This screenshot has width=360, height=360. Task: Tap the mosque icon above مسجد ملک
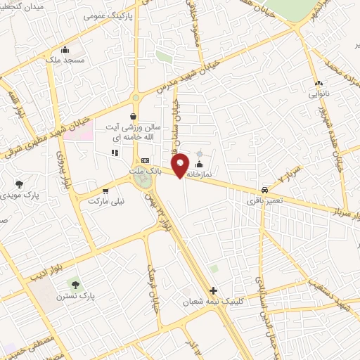65,49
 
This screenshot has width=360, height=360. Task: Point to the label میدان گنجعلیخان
28,7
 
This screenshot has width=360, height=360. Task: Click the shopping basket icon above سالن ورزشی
134,117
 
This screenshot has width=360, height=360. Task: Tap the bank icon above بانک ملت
145,160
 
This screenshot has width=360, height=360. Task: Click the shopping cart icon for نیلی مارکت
105,190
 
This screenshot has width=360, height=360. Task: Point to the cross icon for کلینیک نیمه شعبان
214,290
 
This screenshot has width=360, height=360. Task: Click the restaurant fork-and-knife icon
113,153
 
